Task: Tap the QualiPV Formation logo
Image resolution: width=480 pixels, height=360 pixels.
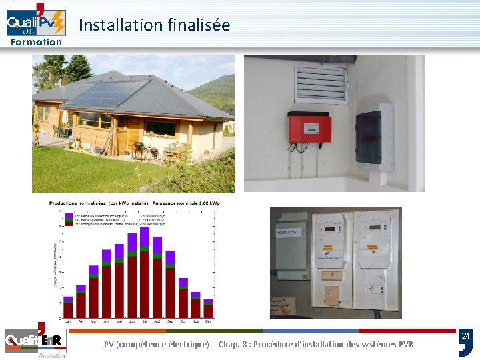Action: pyautogui.click(x=36, y=24)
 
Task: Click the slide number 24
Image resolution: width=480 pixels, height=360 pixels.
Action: pyautogui.click(x=466, y=336)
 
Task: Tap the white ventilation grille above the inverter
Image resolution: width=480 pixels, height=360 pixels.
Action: pyautogui.click(x=321, y=83)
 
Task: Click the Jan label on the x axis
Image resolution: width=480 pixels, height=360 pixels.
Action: pyautogui.click(x=67, y=321)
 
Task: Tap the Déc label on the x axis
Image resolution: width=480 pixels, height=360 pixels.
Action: pyautogui.click(x=208, y=321)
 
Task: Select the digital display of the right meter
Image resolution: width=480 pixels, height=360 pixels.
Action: pyautogui.click(x=375, y=227)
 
